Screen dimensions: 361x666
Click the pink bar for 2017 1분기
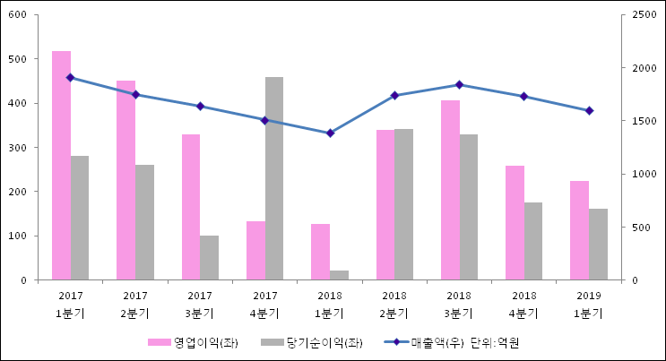(61, 166)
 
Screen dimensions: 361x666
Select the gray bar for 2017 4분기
(274, 178)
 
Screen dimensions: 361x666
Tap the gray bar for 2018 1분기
(339, 275)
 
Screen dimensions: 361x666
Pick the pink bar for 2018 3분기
(450, 190)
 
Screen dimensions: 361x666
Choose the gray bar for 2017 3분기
(209, 258)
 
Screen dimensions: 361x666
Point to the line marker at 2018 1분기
(330, 133)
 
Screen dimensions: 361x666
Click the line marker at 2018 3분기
(459, 85)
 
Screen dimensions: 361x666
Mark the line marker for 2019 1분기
(589, 111)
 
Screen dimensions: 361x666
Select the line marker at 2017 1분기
(70, 78)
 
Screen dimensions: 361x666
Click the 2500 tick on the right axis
(643, 15)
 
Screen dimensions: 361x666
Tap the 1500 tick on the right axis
(643, 121)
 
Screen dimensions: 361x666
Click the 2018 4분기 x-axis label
(523, 305)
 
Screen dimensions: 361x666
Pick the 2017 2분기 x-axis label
(135, 305)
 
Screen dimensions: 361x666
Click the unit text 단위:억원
(496, 342)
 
